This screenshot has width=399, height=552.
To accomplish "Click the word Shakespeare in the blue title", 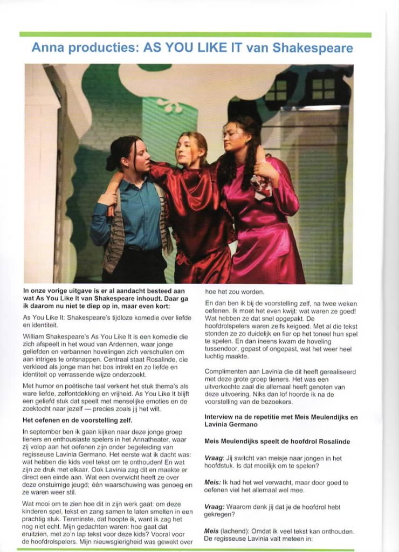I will [x=313, y=48].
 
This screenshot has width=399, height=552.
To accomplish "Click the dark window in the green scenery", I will [x=322, y=89].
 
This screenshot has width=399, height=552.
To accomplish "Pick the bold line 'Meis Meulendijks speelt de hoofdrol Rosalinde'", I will [x=277, y=441].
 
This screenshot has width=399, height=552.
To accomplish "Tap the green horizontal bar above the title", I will [x=195, y=34].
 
